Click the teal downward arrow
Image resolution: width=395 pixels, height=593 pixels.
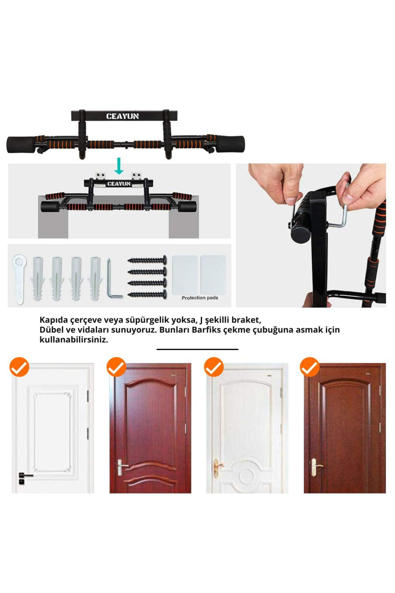point(119,166)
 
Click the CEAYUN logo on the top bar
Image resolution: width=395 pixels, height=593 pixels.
point(122,116)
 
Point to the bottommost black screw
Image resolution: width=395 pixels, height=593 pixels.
point(147,294)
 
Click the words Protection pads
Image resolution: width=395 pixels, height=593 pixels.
point(200,298)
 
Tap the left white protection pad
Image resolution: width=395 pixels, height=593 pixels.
point(185,275)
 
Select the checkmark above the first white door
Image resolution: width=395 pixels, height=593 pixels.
point(19,367)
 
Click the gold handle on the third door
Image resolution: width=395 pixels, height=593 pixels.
point(218,467)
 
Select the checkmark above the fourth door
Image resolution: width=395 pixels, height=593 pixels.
point(310,367)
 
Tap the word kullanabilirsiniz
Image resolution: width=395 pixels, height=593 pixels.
point(74,340)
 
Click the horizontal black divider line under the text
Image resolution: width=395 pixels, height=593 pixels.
point(197,349)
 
